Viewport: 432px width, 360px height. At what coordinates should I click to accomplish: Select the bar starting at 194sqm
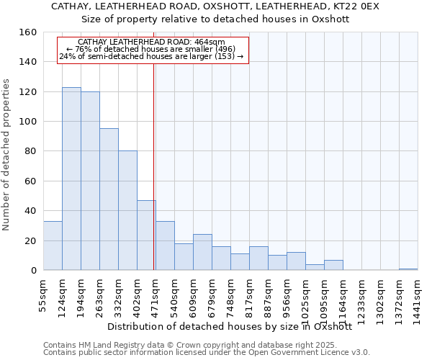click(90, 181)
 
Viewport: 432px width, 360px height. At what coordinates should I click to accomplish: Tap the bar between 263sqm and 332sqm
click(109, 199)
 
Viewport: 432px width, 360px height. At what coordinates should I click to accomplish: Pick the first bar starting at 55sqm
click(53, 246)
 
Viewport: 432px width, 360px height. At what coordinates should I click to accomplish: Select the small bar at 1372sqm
click(408, 269)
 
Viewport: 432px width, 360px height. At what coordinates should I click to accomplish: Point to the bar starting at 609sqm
click(202, 252)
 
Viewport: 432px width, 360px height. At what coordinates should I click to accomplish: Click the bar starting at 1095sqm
click(333, 265)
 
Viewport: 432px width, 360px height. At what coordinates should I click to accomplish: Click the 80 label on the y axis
click(30, 151)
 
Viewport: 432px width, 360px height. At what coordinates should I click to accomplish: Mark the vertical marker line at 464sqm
click(154, 166)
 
